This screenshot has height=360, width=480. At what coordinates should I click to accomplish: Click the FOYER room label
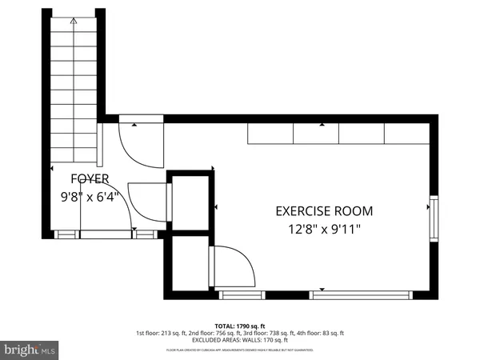pyautogui.click(x=89, y=178)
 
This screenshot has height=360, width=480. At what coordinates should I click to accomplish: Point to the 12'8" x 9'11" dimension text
pyautogui.click(x=324, y=230)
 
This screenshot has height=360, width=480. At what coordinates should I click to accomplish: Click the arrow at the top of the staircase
pyautogui.click(x=74, y=23)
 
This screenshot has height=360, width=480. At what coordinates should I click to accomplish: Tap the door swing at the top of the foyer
pyautogui.click(x=140, y=144)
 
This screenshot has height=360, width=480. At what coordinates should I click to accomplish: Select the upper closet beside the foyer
pyautogui.click(x=189, y=202)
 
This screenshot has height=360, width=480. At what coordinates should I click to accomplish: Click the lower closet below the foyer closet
pyautogui.click(x=186, y=264)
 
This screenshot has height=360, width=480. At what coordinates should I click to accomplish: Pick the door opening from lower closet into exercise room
pyautogui.click(x=230, y=268)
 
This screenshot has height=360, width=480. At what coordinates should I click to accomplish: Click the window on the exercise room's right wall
pyautogui.click(x=434, y=218)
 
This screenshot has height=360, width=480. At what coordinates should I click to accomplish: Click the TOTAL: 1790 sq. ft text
pyautogui.click(x=239, y=326)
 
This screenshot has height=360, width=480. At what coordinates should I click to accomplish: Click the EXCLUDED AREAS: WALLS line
pyautogui.click(x=239, y=341)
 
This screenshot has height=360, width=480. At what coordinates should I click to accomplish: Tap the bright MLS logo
pyautogui.click(x=30, y=350)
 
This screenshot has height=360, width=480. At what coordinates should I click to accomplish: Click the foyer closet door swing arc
pyautogui.click(x=148, y=202)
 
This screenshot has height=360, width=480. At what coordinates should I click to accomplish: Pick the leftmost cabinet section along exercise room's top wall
pyautogui.click(x=270, y=134)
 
